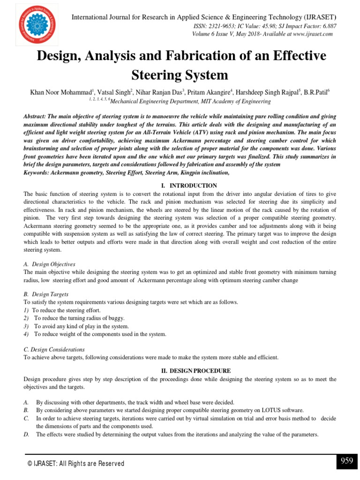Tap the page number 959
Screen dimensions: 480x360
[346, 461]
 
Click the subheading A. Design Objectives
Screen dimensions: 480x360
[49, 264]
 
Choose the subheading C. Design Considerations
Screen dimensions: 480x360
[54, 349]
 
